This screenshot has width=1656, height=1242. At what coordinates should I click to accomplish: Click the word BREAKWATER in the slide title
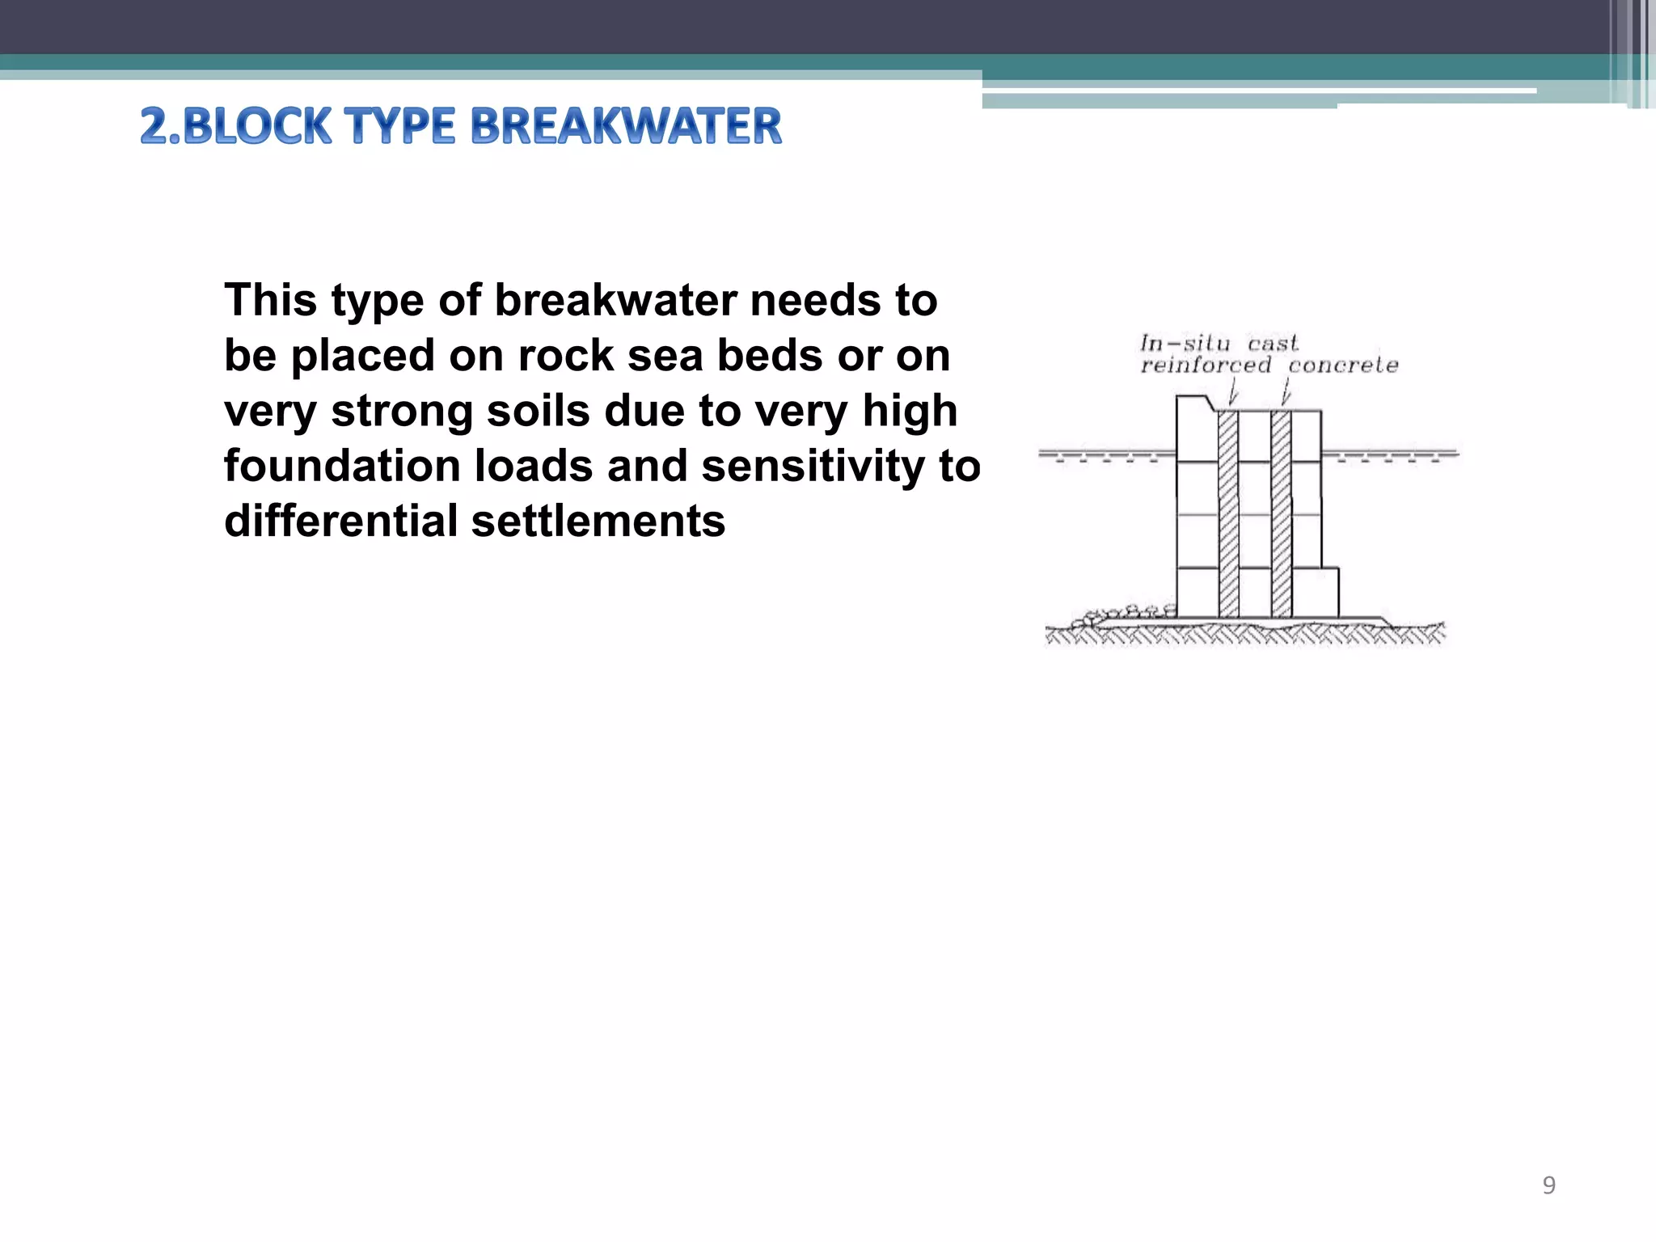tap(626, 127)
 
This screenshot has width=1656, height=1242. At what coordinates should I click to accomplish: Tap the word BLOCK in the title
tap(258, 127)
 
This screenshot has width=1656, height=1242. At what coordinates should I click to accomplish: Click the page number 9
tap(1548, 1185)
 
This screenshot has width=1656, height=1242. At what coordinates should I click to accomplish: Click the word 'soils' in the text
tap(535, 411)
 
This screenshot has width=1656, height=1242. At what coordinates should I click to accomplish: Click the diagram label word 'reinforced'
tap(1206, 365)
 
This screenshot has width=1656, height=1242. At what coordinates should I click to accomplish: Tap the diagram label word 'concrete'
tap(1343, 365)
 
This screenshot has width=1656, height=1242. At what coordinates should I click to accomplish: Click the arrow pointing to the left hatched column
tap(1233, 394)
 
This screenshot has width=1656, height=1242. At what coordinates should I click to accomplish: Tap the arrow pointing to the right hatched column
tap(1286, 394)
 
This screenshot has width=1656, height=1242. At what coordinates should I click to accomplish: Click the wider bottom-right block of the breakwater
tap(1316, 593)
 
